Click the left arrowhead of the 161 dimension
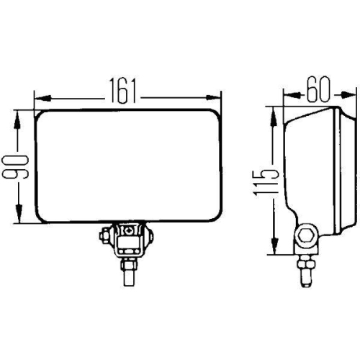40,96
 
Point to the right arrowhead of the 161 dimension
214,96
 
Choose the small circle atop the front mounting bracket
129,230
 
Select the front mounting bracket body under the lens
130,241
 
